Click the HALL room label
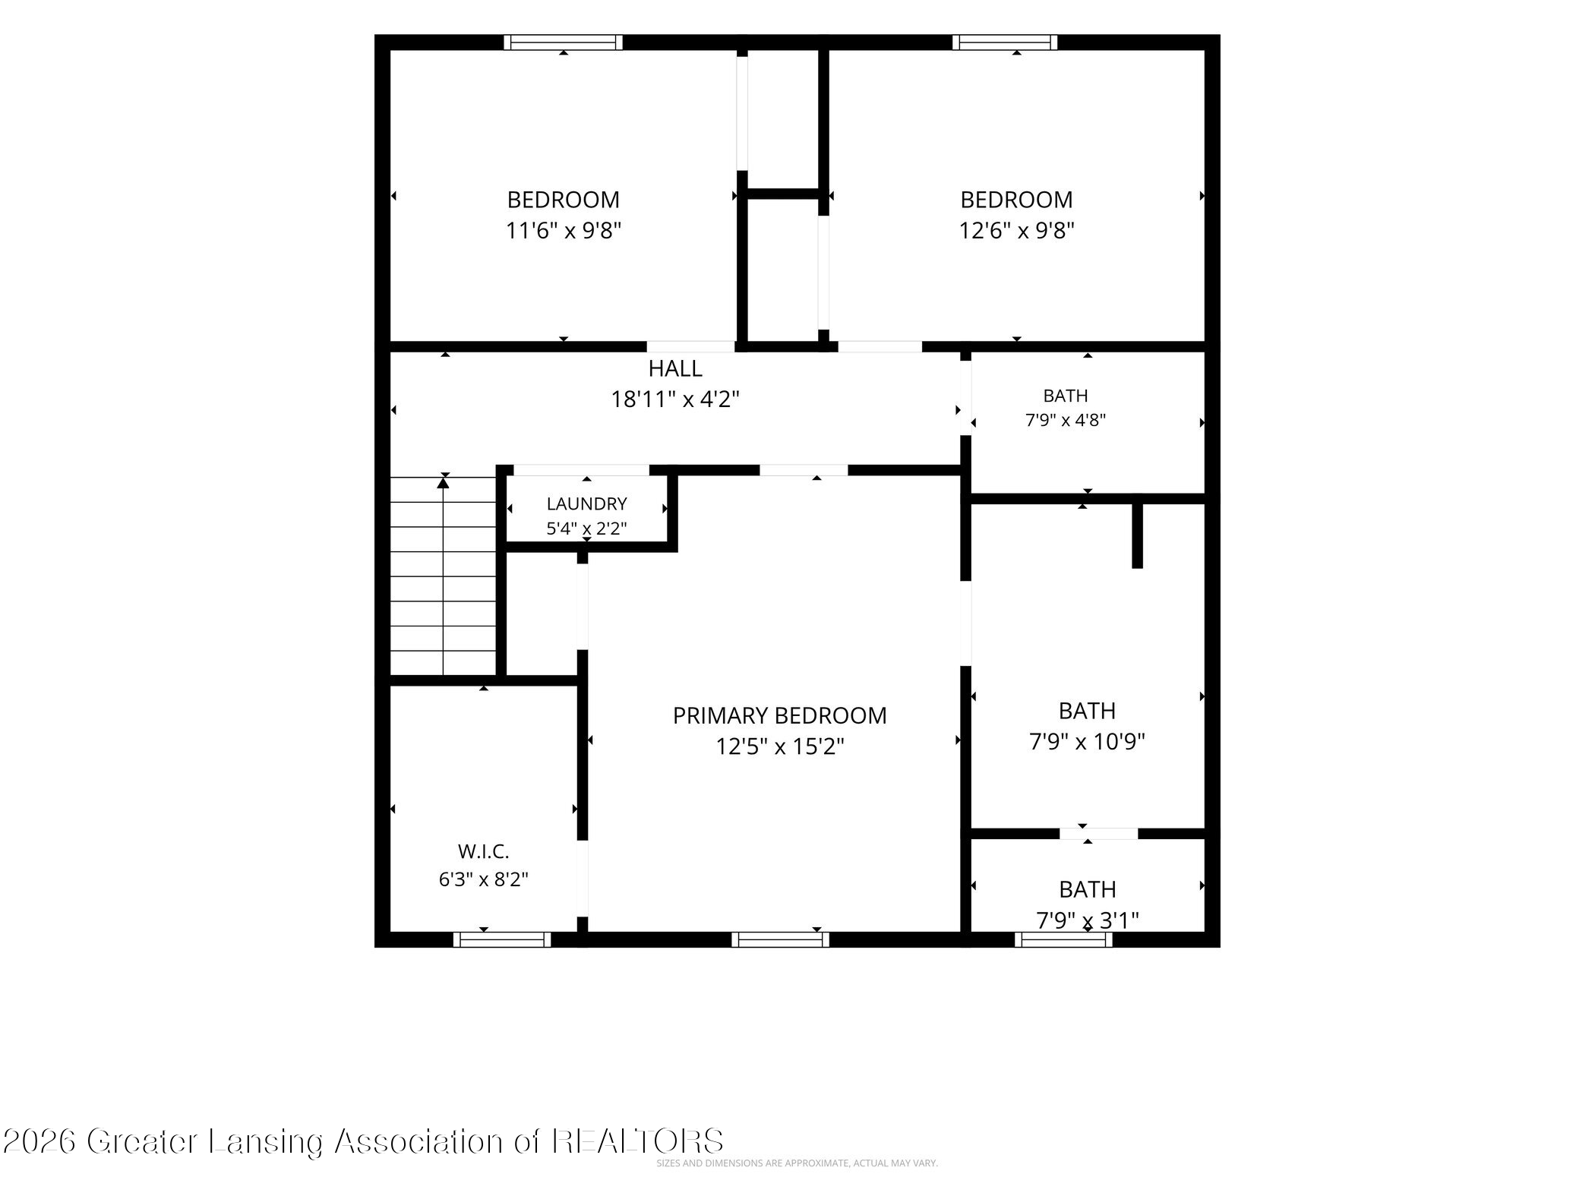(x=675, y=369)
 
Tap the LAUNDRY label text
(x=586, y=503)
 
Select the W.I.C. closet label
(x=483, y=851)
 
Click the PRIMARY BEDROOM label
(x=779, y=715)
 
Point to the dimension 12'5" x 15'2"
(x=780, y=747)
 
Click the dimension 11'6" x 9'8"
(x=564, y=230)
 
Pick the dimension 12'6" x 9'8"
(x=1016, y=230)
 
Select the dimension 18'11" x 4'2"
(x=675, y=399)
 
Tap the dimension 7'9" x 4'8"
(x=1065, y=420)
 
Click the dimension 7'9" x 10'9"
(x=1087, y=741)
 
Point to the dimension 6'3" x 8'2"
(x=483, y=879)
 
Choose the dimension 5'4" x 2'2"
(x=586, y=529)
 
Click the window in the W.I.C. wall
(x=502, y=939)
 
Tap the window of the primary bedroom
(x=780, y=939)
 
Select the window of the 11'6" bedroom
(x=563, y=43)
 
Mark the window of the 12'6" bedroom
(x=1005, y=43)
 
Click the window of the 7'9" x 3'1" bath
(x=1063, y=939)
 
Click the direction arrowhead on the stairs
(x=444, y=481)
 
